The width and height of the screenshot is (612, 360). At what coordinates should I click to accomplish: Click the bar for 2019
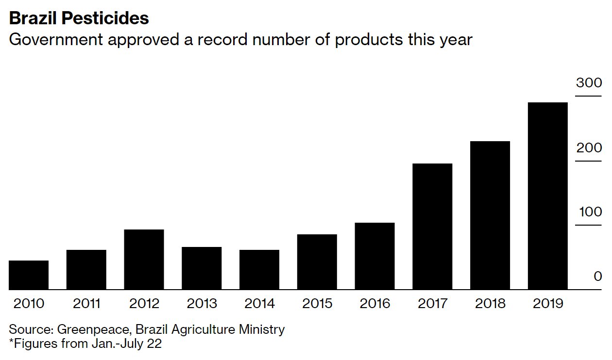click(547, 196)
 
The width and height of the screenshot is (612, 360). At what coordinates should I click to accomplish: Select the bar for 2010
click(29, 275)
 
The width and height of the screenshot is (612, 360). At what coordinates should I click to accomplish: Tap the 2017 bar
click(432, 227)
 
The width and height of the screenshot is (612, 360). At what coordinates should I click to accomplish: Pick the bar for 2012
click(144, 260)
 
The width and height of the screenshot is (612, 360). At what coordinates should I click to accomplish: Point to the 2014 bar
click(259, 270)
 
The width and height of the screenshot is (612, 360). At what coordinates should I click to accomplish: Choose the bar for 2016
click(374, 256)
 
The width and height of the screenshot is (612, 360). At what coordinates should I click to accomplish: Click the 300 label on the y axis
click(589, 83)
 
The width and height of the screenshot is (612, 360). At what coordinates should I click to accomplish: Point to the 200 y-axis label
click(589, 147)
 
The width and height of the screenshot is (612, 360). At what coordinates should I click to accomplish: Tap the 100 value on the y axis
click(589, 212)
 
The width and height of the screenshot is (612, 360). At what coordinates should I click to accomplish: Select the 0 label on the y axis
click(597, 277)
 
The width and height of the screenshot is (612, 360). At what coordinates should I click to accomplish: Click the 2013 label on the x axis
click(202, 304)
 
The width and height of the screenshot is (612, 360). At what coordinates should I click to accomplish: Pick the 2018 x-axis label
click(490, 304)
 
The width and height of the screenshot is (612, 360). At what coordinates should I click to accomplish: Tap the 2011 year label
click(86, 304)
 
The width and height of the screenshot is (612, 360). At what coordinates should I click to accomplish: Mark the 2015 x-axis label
click(317, 304)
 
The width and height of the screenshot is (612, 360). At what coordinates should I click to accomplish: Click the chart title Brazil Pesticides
click(79, 18)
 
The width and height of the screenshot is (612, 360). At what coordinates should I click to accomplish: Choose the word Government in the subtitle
click(56, 39)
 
